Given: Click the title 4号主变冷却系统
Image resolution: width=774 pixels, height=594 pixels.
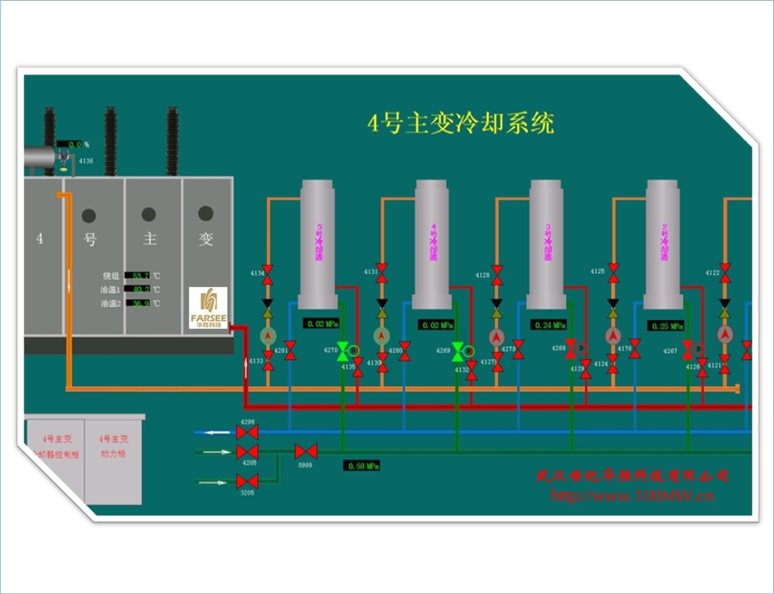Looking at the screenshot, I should [460, 124].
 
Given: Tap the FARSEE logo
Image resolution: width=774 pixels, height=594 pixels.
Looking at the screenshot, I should [208, 308].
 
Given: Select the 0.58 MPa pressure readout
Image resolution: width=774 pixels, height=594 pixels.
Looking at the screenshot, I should [362, 466].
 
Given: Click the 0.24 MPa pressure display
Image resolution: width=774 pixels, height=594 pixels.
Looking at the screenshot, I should [549, 325].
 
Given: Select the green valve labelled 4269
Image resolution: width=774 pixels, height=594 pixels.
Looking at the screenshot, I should [458, 350].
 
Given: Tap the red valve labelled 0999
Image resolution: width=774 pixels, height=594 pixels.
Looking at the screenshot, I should [306, 451].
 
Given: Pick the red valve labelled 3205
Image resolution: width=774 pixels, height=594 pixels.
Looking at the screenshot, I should [248, 481].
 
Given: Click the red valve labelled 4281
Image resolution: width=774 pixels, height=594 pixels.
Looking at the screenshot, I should [291, 350].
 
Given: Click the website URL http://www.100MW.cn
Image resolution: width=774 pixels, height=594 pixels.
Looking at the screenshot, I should [632, 496].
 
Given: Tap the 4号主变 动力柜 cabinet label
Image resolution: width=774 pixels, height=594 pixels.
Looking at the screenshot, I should [113, 446].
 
